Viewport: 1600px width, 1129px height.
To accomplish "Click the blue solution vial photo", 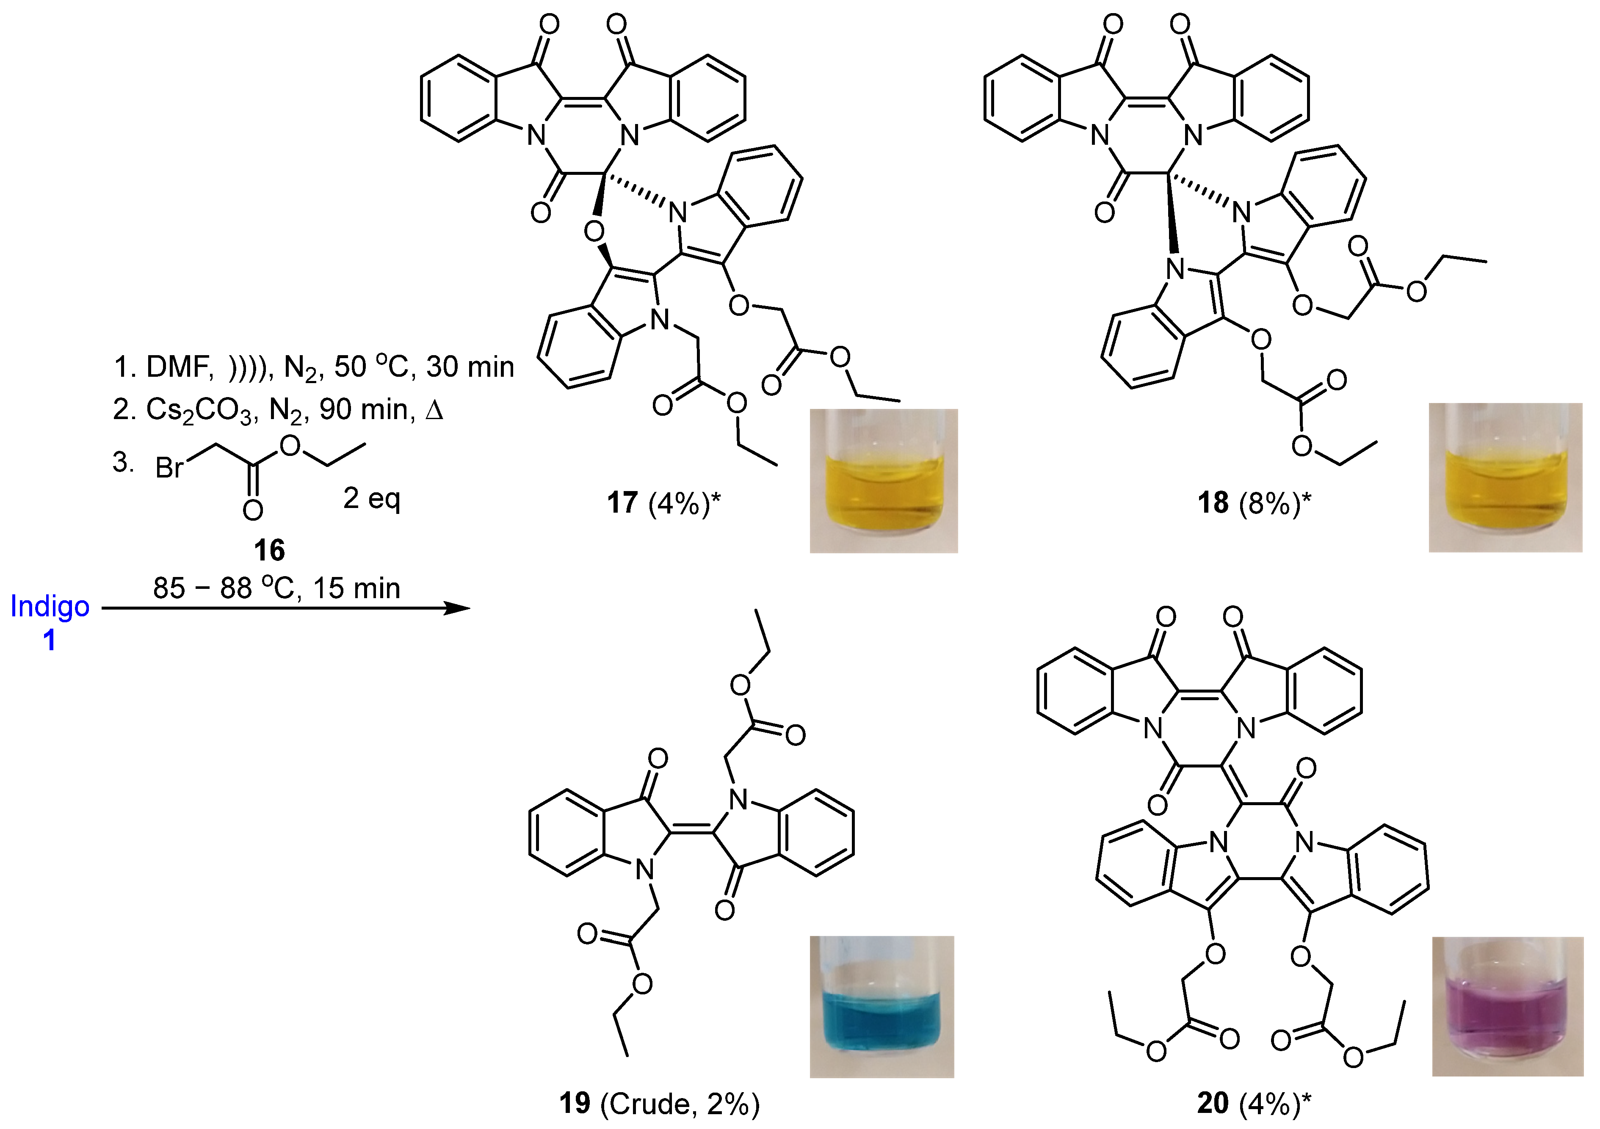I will coord(882,1007).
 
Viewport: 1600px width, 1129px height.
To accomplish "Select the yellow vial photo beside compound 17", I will coord(884,481).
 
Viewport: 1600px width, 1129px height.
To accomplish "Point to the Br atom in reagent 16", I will coord(169,468).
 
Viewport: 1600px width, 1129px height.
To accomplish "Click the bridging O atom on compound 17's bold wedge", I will coord(594,231).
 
